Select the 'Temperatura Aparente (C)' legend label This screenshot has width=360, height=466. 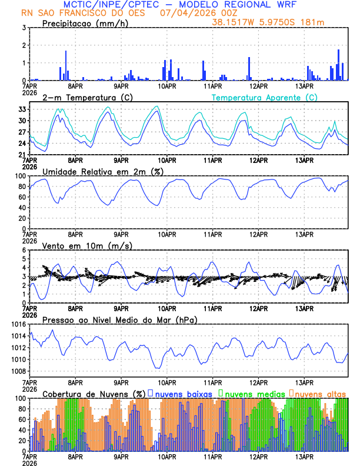pos(264,97)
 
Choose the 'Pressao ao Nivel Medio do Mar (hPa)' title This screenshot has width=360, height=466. pos(119,319)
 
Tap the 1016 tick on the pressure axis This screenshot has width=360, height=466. pos(17,324)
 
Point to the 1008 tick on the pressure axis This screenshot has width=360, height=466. pos(17,371)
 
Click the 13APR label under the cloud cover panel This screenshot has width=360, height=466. pos(304,457)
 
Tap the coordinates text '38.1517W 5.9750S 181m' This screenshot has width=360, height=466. pos(271,22)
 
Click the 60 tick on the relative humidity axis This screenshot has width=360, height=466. pos(21,197)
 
